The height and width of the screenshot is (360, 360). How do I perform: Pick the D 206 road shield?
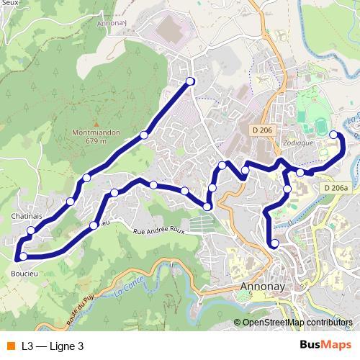(262, 130)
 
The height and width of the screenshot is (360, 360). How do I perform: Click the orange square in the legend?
(9, 346)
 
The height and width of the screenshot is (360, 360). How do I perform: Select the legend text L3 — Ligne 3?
(53, 346)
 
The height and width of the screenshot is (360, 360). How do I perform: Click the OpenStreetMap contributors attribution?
(297, 323)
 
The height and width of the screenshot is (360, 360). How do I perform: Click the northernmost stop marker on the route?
(190, 81)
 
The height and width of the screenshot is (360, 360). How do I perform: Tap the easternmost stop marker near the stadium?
(333, 135)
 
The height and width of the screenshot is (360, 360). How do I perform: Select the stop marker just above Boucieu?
(23, 256)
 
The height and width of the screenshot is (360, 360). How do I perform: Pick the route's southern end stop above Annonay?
(274, 244)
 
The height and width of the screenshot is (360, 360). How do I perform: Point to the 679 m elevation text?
(96, 141)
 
